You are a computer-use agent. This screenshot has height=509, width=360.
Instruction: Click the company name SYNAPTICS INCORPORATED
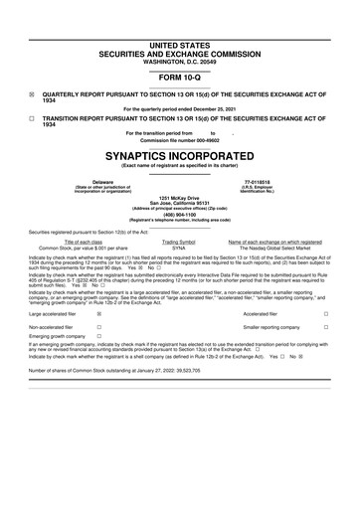179,157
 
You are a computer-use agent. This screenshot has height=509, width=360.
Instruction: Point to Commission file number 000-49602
179,140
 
